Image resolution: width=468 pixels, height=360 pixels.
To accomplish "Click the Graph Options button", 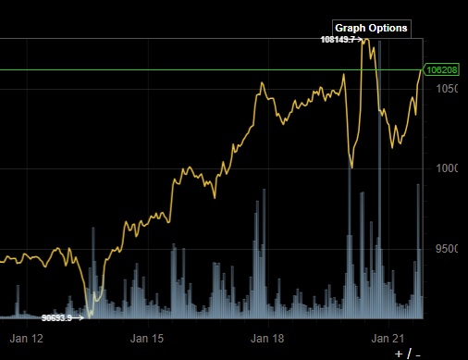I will [x=370, y=28].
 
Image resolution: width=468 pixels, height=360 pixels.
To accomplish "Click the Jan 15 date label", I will [x=146, y=339].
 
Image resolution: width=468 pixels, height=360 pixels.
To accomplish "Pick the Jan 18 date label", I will [x=268, y=339].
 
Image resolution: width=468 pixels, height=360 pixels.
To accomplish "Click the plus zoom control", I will [x=399, y=354].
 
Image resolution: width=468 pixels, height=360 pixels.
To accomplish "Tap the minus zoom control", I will [x=418, y=354].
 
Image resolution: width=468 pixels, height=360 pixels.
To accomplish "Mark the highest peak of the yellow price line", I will [x=367, y=40].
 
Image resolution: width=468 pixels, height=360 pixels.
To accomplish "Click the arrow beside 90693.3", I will [x=80, y=317].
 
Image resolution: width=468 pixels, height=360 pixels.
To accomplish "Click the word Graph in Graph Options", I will [x=350, y=28].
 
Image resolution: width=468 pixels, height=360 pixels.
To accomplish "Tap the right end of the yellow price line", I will [x=421, y=72].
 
